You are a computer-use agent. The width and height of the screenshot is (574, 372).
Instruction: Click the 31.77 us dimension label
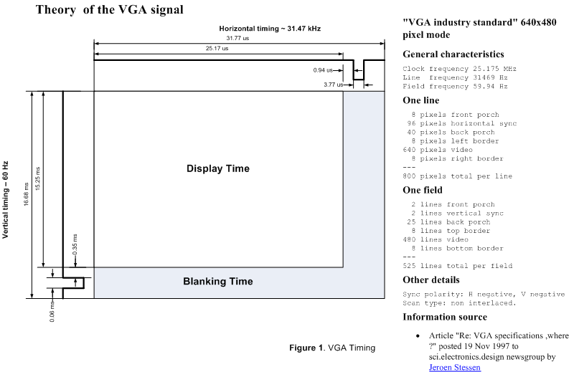(x=237, y=38)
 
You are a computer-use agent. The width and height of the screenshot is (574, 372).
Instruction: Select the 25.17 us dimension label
(x=217, y=48)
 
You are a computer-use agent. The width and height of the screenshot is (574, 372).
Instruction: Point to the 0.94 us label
(x=323, y=70)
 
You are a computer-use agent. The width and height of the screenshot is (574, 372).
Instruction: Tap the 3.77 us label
(x=334, y=85)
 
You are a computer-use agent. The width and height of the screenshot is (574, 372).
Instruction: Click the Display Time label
(x=218, y=168)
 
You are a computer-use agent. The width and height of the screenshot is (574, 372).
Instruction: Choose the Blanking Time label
(x=218, y=281)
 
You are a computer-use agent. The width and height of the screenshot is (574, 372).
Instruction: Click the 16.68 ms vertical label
(x=26, y=194)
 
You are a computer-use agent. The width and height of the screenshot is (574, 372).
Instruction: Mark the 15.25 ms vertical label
(x=38, y=178)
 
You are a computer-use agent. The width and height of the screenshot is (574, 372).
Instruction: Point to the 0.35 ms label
(x=75, y=244)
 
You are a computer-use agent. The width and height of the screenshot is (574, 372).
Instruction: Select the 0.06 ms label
(x=52, y=311)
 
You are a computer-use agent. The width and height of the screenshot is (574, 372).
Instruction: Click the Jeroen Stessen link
(x=455, y=367)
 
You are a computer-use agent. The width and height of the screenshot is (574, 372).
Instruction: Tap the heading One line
(x=421, y=100)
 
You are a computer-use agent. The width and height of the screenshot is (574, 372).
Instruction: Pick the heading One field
(x=423, y=190)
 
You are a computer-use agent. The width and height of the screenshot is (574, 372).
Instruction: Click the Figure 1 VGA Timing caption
(x=332, y=348)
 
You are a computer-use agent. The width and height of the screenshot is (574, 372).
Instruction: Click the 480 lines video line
(x=436, y=239)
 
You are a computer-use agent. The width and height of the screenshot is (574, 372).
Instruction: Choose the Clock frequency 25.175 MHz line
(x=459, y=69)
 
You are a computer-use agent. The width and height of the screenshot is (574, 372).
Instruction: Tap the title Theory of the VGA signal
(x=110, y=9)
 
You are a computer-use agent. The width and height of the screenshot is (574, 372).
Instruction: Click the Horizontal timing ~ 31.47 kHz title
(x=270, y=29)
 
